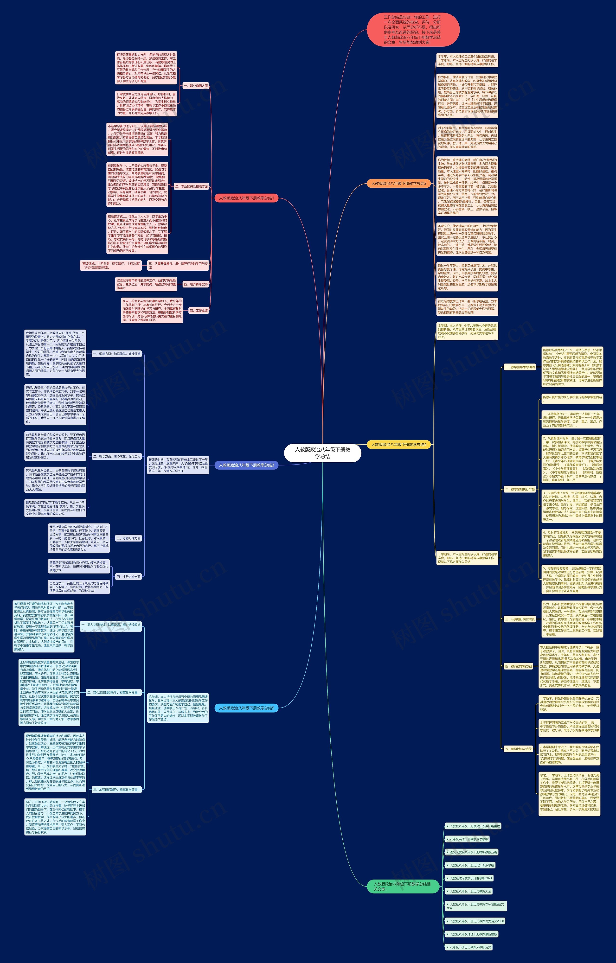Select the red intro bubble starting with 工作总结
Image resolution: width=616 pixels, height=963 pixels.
(413, 30)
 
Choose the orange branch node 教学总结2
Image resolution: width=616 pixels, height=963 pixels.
(398, 184)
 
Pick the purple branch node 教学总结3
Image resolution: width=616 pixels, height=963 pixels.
(246, 465)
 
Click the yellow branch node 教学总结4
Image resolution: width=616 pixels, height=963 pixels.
(398, 445)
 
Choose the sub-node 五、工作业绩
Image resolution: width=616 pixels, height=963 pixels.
(199, 310)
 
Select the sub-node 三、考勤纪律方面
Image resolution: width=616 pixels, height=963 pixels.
(128, 538)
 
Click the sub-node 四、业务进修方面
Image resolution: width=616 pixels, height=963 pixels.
(128, 577)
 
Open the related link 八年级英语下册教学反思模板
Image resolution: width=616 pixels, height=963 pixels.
(467, 839)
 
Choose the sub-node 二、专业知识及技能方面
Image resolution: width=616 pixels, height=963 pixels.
(191, 186)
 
